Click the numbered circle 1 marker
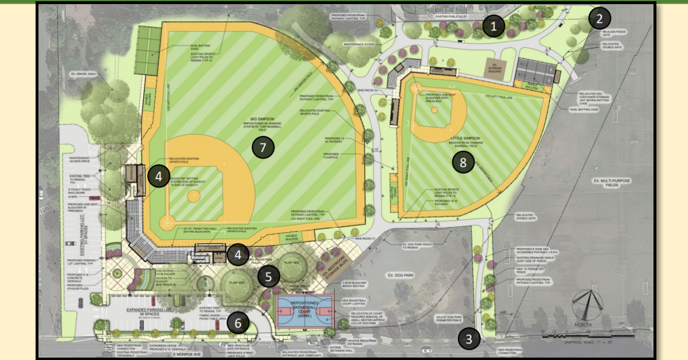click(x=494, y=25)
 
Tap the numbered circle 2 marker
click(x=599, y=18)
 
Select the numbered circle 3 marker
click(x=469, y=339)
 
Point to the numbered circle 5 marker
click(x=268, y=277)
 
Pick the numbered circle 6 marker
click(x=238, y=323)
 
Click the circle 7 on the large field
click(x=263, y=147)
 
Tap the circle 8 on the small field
click(x=463, y=162)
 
